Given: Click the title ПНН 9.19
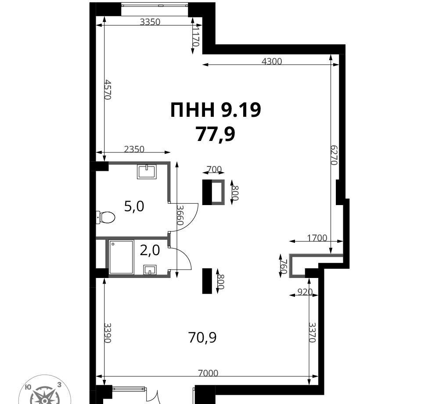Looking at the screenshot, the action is click(216, 110).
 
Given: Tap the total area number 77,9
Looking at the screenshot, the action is click(215, 134).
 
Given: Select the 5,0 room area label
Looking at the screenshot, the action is click(134, 207).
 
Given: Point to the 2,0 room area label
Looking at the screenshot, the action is click(150, 250).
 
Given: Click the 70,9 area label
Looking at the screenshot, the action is click(202, 337).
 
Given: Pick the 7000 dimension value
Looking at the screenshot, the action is click(208, 373).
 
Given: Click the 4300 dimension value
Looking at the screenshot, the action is click(272, 61).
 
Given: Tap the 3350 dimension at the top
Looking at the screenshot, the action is click(150, 22).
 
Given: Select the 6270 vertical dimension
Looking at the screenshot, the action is click(335, 155).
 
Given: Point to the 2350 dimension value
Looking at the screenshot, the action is click(134, 149).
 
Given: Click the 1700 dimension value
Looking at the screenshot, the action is click(317, 238).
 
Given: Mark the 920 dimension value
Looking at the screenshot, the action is click(305, 292).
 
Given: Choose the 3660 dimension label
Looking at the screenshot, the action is click(180, 215).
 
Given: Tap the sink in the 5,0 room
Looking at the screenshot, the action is click(147, 172).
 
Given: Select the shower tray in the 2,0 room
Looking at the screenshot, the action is click(121, 257).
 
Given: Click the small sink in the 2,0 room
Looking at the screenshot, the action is click(150, 270).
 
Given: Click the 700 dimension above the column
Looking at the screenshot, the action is click(214, 169).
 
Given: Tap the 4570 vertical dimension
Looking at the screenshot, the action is click(108, 89).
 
